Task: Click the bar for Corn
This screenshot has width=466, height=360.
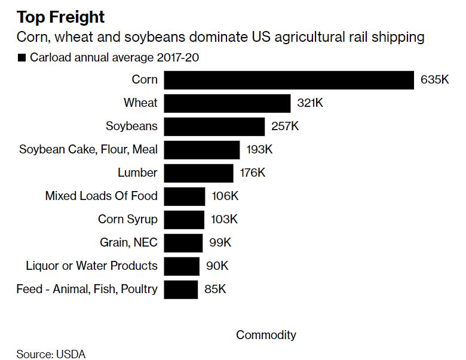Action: tap(289, 80)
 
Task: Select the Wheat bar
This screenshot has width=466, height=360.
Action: tap(227, 103)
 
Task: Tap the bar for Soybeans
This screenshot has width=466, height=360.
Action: tap(214, 127)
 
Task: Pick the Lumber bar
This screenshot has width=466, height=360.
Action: tap(198, 173)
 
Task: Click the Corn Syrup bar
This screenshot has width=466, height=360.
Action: tap(184, 220)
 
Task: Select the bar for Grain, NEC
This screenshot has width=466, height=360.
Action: tap(183, 243)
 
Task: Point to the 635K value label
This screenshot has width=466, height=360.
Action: tap(434, 80)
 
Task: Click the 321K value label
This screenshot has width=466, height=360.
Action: tap(310, 103)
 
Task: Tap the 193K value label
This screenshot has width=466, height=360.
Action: tap(260, 150)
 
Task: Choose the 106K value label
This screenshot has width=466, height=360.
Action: tap(225, 196)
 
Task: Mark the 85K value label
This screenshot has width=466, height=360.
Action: tap(215, 290)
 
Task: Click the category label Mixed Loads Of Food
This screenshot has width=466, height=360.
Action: tap(102, 196)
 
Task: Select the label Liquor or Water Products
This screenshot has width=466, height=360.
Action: tap(91, 266)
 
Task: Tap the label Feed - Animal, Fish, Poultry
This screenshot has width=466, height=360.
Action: tap(87, 290)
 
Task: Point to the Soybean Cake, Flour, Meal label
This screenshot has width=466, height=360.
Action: tap(88, 150)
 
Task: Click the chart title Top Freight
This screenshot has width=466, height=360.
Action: tap(60, 17)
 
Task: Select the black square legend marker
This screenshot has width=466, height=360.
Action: tap(22, 58)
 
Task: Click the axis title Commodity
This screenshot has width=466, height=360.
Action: tap(266, 335)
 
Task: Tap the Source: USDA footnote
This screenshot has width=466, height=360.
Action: tap(51, 354)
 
